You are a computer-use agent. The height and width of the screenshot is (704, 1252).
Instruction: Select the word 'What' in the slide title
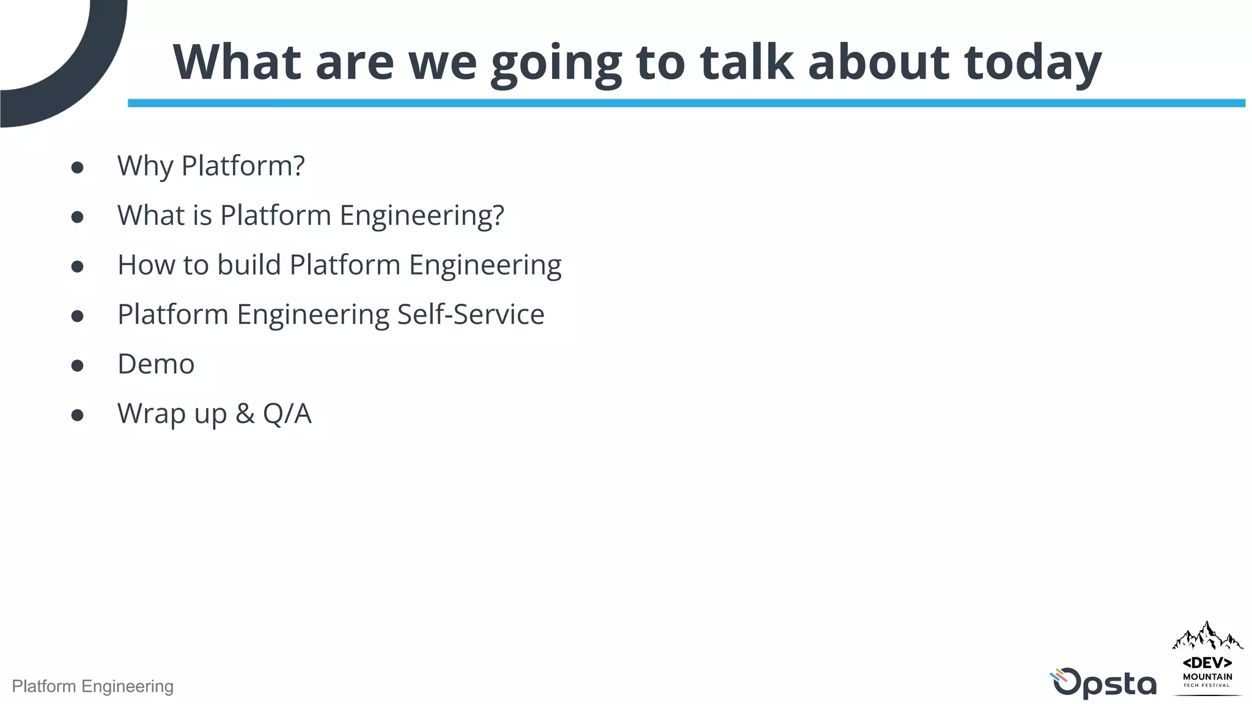pyautogui.click(x=237, y=62)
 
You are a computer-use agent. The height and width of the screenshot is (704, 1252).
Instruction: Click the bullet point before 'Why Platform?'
pyautogui.click(x=77, y=167)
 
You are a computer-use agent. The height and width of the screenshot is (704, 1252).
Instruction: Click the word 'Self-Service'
pyautogui.click(x=471, y=314)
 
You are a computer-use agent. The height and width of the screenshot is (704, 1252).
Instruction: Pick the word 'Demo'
pyautogui.click(x=156, y=364)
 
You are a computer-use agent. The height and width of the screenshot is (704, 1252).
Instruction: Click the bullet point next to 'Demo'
pyautogui.click(x=77, y=365)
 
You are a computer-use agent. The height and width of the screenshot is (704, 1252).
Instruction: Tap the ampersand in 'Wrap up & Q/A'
pyautogui.click(x=245, y=414)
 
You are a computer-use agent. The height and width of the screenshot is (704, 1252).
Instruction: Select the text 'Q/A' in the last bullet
pyautogui.click(x=287, y=414)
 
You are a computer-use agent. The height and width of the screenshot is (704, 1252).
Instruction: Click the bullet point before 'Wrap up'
pyautogui.click(x=77, y=415)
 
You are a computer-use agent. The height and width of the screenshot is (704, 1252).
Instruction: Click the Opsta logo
pyautogui.click(x=1103, y=683)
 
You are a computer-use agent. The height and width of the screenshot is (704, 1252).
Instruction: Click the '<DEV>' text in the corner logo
pyautogui.click(x=1207, y=663)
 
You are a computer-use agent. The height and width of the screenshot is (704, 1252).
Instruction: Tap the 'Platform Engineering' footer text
pyautogui.click(x=93, y=686)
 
